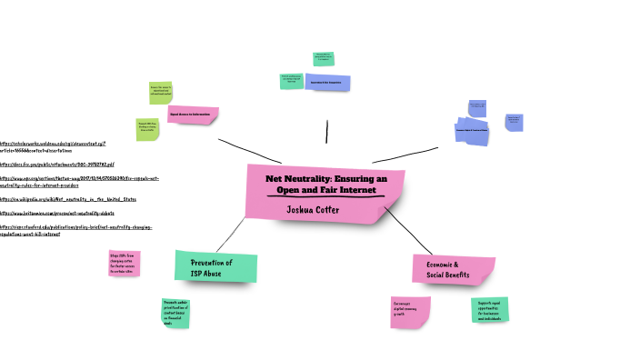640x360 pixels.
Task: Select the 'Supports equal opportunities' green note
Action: click(x=490, y=309)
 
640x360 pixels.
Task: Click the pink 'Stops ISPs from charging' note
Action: click(x=125, y=263)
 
